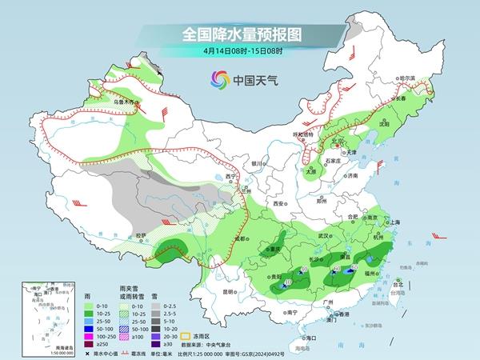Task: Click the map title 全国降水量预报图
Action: (x=240, y=34)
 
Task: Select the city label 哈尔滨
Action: (x=408, y=77)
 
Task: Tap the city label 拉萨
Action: (x=141, y=235)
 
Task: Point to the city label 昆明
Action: (x=231, y=291)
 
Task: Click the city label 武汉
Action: (x=323, y=236)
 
